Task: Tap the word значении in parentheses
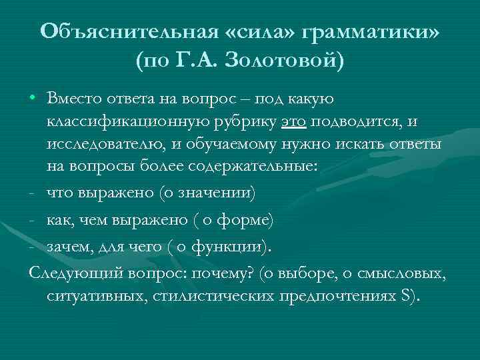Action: tap(218, 194)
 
